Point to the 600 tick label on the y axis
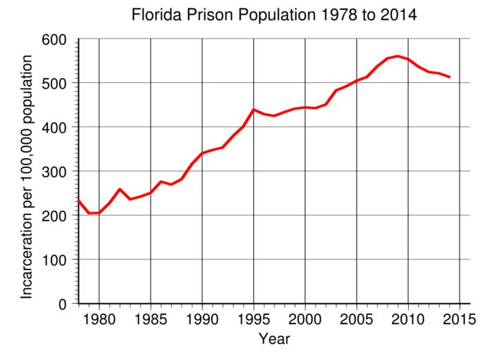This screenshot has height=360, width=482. coord(56,39)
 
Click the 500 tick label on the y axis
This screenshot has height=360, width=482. coord(56,84)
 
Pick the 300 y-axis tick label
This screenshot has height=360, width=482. coord(56,172)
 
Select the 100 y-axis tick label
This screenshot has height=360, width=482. coord(56,260)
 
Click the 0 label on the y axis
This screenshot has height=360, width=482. coord(64,304)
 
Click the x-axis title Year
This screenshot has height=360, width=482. coord(274,339)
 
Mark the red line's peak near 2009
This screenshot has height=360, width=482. coord(398,56)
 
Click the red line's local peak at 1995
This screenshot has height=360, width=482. coord(253,110)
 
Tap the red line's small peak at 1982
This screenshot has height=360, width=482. coord(120,189)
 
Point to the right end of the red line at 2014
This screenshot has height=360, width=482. coord(449,77)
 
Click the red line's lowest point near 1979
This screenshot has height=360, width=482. coord(89,213)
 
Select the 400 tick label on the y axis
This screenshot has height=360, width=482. coord(56,127)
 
